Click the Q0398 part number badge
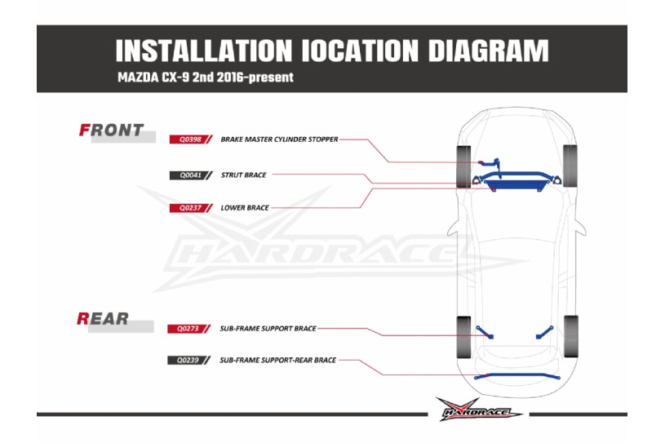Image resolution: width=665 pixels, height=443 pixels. tap(188, 140)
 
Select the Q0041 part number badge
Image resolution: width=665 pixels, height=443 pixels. tap(188, 175)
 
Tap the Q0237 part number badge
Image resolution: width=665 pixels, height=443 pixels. tap(188, 208)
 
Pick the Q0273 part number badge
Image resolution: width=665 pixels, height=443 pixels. tap(187, 329)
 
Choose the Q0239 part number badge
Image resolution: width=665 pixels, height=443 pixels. tap(187, 360)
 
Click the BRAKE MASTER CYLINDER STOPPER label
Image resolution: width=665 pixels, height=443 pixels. tap(279, 140)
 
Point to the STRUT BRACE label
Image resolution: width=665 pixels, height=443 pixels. tap(243, 175)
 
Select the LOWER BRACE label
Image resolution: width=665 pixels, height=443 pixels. tap(245, 208)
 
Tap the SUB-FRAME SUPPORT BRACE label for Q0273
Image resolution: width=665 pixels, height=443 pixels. tap(268, 329)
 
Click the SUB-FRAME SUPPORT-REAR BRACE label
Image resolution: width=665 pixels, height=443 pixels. tap(277, 360)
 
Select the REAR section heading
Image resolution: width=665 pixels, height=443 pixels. tap(103, 318)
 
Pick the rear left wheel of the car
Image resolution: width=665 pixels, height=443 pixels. tap(463, 335)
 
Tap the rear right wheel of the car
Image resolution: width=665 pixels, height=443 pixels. tap(570, 335)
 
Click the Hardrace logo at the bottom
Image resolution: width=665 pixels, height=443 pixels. tap(479, 409)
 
